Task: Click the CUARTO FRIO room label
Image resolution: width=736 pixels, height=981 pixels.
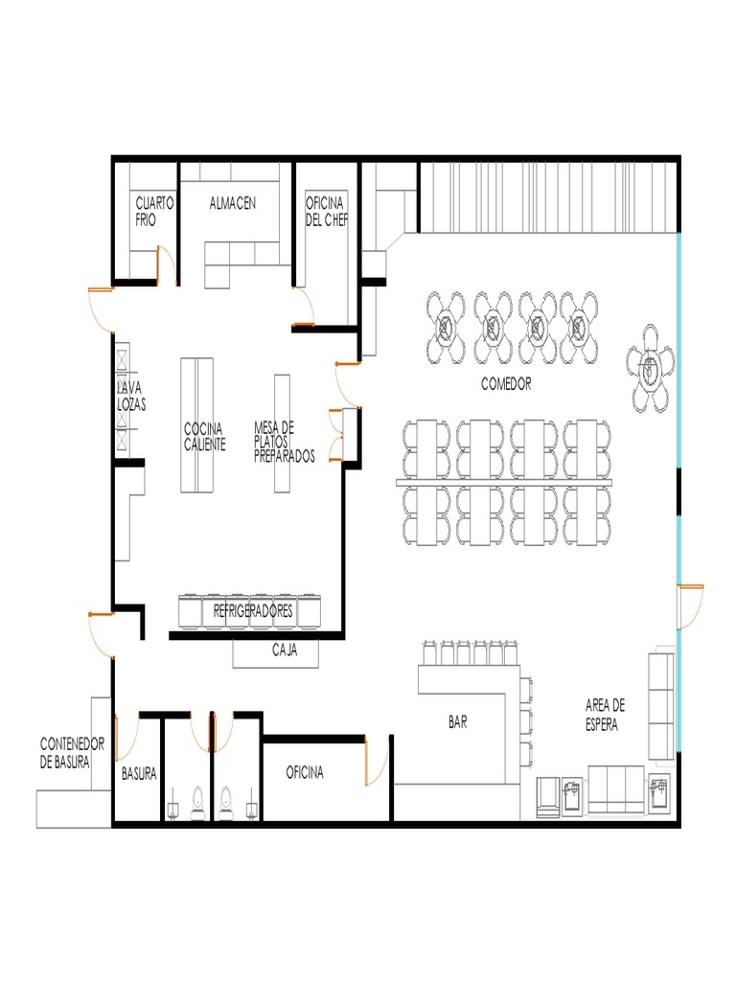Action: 154,211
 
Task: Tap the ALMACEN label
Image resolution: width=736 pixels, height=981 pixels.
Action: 233,203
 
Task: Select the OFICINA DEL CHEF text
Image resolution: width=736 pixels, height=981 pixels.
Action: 327,211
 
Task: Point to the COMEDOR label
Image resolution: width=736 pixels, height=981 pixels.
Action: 506,383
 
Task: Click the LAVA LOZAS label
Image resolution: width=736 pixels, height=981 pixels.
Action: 131,397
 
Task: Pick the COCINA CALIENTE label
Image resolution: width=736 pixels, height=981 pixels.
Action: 204,437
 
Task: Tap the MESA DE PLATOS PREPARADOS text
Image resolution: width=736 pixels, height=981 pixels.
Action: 284,442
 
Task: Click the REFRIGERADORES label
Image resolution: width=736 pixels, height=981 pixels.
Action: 253,610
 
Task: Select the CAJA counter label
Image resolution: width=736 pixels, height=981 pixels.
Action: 285,650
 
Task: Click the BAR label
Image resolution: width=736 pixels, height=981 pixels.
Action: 458,723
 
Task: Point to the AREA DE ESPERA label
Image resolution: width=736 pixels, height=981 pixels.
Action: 605,715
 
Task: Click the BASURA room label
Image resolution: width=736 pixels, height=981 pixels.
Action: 139,773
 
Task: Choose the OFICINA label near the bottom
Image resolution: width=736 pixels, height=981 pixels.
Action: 305,772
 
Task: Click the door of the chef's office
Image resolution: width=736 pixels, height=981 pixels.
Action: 306,309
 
